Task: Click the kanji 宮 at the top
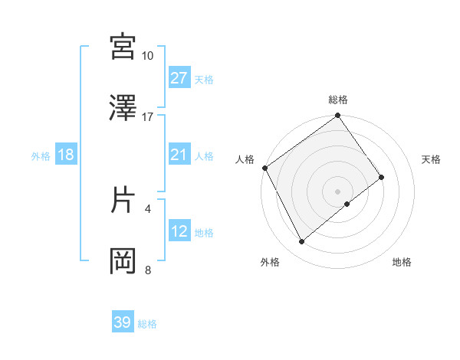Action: coord(123,47)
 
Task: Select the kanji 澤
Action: coord(123,109)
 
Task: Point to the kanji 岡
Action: coord(123,260)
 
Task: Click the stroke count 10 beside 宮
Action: coord(148,56)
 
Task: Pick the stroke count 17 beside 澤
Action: coord(148,117)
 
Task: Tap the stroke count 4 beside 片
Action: coord(148,208)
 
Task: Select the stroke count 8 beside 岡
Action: coord(148,269)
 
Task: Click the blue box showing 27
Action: coord(179,78)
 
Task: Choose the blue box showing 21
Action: coord(179,155)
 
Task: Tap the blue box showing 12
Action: coord(179,232)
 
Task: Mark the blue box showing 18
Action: coord(66,155)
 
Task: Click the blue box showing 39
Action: coord(123,323)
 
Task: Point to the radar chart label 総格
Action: coord(338,100)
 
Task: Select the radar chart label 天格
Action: coord(432,159)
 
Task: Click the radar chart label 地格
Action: coord(402,262)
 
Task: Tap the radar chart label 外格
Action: coord(270,262)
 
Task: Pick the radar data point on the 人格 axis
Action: coord(264,168)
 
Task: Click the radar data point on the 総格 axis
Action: coord(337,116)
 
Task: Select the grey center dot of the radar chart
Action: coord(337,191)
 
